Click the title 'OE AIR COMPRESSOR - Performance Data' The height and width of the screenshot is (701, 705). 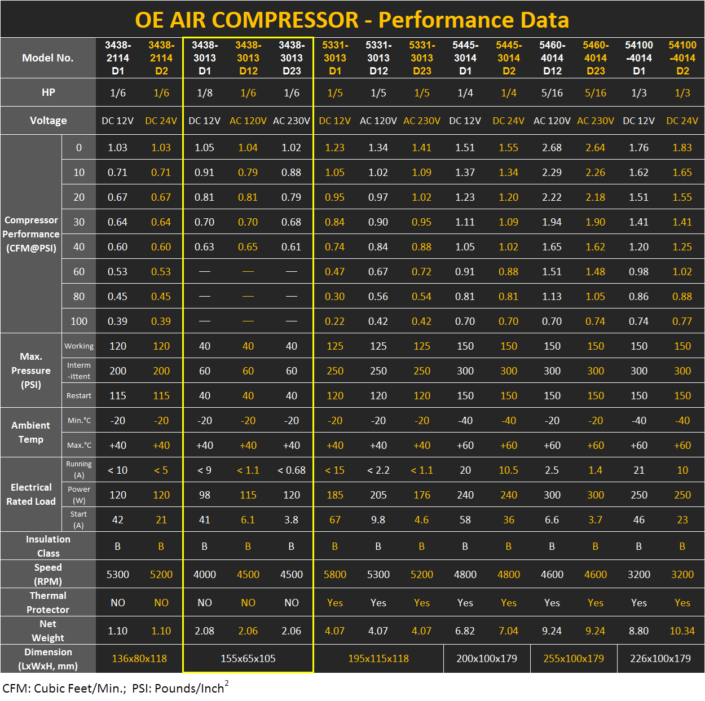(x=352, y=20)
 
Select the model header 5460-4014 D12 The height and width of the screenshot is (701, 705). (x=552, y=58)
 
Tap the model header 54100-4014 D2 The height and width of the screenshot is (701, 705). (x=682, y=58)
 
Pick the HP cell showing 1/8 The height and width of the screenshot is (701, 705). (x=204, y=92)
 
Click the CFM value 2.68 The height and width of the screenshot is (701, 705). (x=552, y=147)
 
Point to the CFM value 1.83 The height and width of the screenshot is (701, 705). (x=682, y=147)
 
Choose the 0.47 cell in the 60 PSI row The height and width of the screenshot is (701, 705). (x=334, y=271)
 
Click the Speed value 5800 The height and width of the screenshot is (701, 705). (x=334, y=574)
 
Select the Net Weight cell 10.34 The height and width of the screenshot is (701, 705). (x=682, y=631)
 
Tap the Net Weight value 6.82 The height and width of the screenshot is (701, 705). (x=465, y=631)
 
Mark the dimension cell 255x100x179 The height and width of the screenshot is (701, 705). (x=573, y=658)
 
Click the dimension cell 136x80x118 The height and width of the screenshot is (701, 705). (x=139, y=658)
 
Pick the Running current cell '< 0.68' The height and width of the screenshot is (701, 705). (x=291, y=470)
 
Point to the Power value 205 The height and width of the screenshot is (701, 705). (x=378, y=495)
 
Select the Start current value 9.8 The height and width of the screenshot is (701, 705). (x=378, y=519)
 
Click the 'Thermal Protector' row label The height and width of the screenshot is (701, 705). (x=48, y=602)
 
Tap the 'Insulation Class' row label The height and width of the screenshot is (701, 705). (x=48, y=546)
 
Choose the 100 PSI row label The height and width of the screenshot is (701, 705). (x=79, y=321)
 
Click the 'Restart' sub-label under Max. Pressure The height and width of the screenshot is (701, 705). (x=79, y=395)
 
